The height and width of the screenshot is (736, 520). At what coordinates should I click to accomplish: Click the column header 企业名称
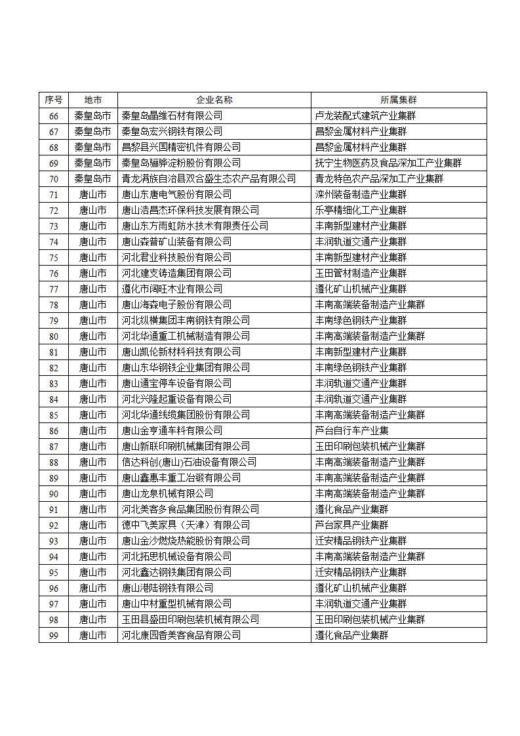pyautogui.click(x=214, y=100)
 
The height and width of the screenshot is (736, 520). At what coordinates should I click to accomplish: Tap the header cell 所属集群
pyautogui.click(x=398, y=100)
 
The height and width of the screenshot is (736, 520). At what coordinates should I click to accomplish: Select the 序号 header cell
pyautogui.click(x=54, y=100)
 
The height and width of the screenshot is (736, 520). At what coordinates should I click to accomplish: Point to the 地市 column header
pyautogui.click(x=93, y=100)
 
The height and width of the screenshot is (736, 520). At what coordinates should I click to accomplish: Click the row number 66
pyautogui.click(x=54, y=115)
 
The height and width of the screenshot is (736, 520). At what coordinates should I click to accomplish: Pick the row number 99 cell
pyautogui.click(x=54, y=635)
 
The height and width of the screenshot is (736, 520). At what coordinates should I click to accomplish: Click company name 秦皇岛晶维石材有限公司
pyautogui.click(x=172, y=115)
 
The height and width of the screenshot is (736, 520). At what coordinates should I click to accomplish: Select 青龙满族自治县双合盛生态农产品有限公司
pyautogui.click(x=209, y=178)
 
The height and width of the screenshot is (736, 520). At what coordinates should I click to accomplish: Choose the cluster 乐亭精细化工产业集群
pyautogui.click(x=361, y=210)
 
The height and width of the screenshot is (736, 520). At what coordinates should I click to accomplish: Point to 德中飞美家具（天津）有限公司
pyautogui.click(x=186, y=525)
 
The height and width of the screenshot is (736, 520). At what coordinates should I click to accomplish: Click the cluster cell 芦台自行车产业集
pyautogui.click(x=351, y=430)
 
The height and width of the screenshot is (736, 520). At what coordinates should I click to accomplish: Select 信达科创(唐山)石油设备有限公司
pyautogui.click(x=189, y=462)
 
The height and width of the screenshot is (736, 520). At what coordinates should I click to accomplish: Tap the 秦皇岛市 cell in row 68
pyautogui.click(x=93, y=147)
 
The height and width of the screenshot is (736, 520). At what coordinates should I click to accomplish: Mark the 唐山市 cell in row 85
pyautogui.click(x=93, y=415)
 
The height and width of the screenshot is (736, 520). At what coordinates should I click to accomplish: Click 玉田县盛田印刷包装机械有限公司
pyautogui.click(x=190, y=619)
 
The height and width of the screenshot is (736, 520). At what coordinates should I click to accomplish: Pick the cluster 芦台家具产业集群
pyautogui.click(x=351, y=525)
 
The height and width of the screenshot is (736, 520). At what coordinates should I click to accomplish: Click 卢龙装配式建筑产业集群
pyautogui.click(x=365, y=115)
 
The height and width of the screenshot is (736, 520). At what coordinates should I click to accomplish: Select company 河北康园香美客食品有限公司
pyautogui.click(x=181, y=635)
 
